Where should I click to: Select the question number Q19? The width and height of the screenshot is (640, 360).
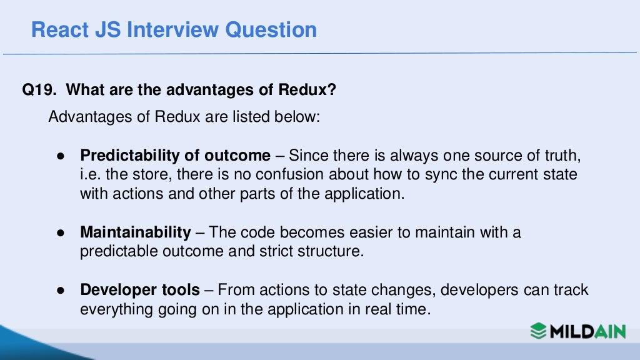coord(39,91)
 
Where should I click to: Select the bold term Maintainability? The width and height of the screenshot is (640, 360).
coord(135,232)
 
